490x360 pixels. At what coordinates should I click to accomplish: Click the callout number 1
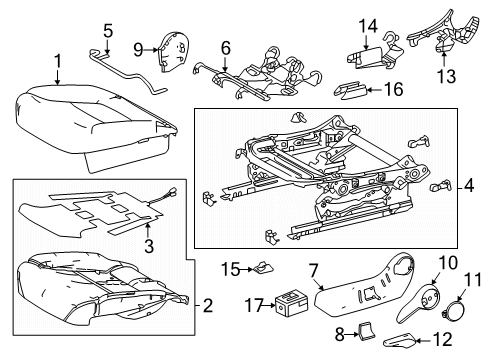(x=57, y=62)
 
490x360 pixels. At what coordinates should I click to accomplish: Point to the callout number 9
(x=139, y=46)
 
